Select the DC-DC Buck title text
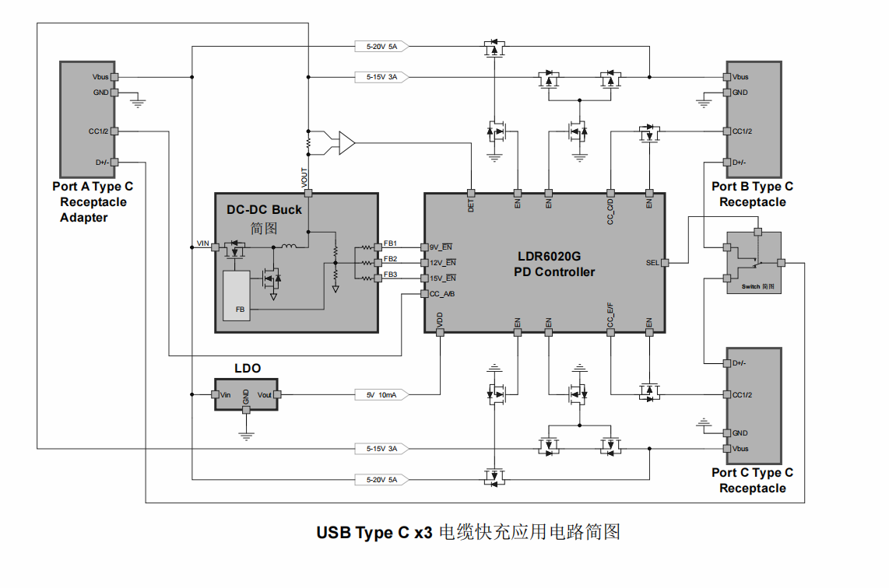264,209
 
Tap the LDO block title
248,368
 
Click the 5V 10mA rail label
381,395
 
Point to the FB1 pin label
390,243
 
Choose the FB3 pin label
390,275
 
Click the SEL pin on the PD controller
652,263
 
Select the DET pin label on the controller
471,205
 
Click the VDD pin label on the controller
440,320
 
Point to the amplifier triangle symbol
346,143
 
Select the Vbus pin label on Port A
100,77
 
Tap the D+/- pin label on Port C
740,363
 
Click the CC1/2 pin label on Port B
742,131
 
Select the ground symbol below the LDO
247,436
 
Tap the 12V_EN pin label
442,263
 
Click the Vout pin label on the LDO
265,395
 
